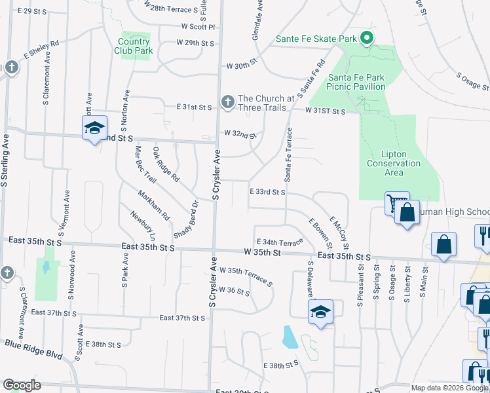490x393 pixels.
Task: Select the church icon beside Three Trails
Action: tap(227, 102)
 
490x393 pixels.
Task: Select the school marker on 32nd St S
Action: tap(94, 127)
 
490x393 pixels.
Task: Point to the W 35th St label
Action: tap(262, 252)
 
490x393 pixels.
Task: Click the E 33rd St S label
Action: tap(267, 192)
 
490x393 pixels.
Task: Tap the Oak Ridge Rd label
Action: tap(166, 164)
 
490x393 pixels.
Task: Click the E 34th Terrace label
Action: tap(280, 242)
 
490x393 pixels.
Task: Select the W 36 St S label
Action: tap(235, 290)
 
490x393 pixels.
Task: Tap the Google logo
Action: tap(22, 386)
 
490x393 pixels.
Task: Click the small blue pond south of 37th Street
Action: tap(289, 337)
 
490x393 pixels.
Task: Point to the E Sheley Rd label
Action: tap(41, 48)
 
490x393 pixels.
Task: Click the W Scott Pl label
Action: tap(198, 27)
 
